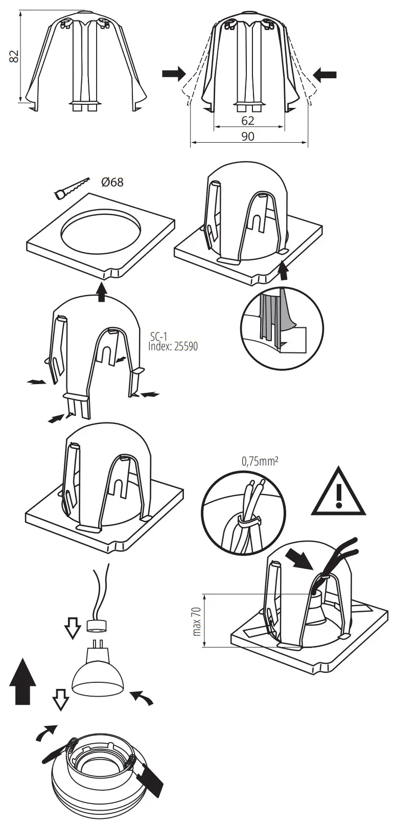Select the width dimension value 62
point(247,121)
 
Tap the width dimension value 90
point(248,137)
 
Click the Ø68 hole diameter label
point(112,182)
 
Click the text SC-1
point(158,337)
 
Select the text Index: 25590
point(172,346)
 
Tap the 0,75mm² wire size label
point(260,461)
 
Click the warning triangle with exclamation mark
point(338,493)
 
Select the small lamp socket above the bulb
point(97,626)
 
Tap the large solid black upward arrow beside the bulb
point(23,681)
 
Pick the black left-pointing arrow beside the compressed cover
point(325,75)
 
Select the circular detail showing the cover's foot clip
point(282,328)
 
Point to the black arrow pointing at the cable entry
point(299,560)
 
